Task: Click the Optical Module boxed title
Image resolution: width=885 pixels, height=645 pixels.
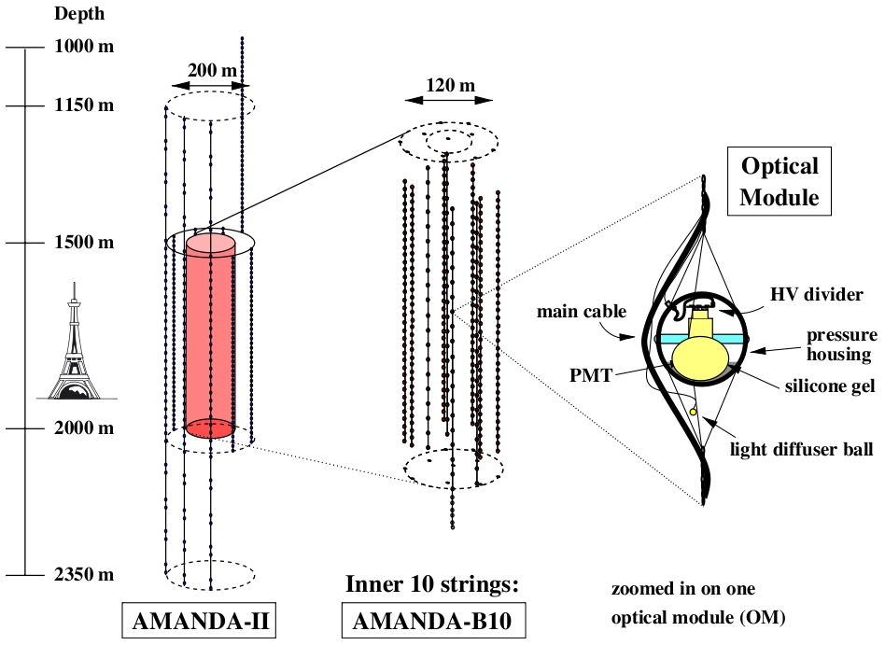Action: tap(780, 182)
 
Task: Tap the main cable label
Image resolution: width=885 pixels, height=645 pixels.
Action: tap(581, 312)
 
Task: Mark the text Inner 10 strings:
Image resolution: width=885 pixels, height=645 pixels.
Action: tap(431, 584)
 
